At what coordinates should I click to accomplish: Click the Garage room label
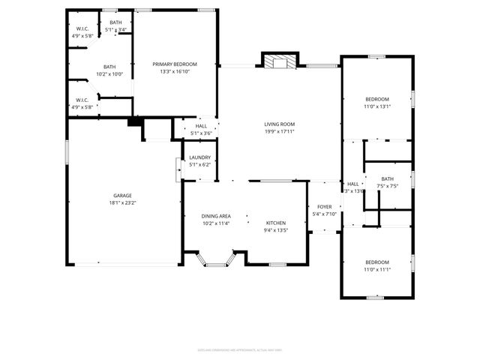coord(123,194)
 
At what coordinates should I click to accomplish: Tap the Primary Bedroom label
coord(175,64)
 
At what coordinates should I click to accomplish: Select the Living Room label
coord(279,124)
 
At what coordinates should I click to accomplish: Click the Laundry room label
coord(200,157)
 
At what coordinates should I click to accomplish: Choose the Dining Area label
coord(216,216)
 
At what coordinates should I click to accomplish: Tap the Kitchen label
coord(276,223)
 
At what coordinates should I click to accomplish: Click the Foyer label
coord(324,207)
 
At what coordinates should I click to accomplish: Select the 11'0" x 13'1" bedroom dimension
coord(377,106)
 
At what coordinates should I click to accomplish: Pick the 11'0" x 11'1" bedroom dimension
coord(377,268)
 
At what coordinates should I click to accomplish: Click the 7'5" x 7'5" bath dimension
coord(387,186)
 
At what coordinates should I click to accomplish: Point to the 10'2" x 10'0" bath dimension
coord(109,73)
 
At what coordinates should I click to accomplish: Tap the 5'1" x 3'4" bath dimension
coord(115,30)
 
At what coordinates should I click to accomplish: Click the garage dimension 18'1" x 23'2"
coord(123,202)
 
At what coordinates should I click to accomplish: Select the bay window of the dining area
coord(216,262)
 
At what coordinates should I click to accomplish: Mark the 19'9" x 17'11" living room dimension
coord(279,132)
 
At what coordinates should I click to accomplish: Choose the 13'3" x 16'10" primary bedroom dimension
coord(175,72)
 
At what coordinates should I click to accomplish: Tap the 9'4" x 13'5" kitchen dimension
coord(276,230)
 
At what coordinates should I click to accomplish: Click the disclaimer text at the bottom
coord(240,349)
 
